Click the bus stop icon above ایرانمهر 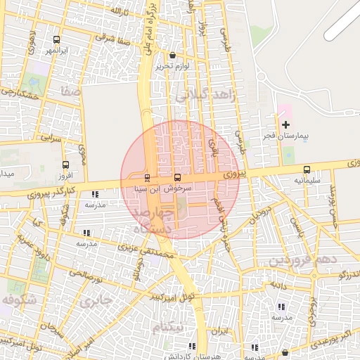[56, 39]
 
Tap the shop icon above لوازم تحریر [173, 56]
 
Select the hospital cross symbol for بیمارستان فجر [285, 124]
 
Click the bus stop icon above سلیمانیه [307, 169]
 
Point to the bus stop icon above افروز [65, 165]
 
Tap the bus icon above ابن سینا [176, 177]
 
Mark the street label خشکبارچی [18, 92]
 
